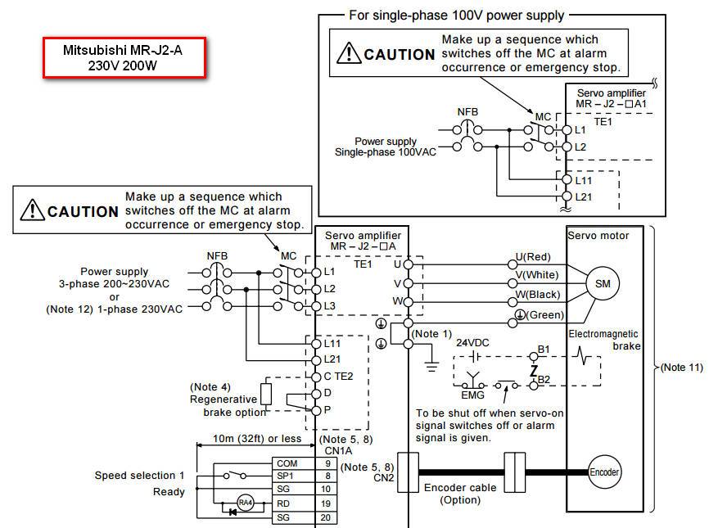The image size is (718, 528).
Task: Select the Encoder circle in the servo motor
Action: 604,472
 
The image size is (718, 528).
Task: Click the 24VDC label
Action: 472,343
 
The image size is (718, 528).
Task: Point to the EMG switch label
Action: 472,395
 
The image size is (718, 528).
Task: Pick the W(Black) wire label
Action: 539,295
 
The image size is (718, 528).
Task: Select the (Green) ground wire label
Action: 541,314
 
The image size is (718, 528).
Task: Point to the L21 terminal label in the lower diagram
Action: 332,359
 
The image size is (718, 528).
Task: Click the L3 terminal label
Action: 329,305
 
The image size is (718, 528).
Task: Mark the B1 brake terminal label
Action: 544,350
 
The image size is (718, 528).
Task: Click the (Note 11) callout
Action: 681,368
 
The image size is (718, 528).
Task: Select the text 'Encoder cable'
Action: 459,487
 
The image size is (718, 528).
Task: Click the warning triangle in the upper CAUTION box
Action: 350,53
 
